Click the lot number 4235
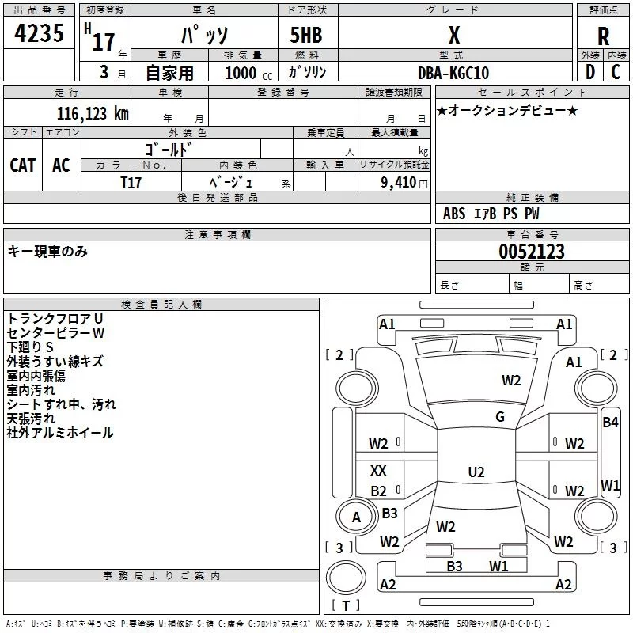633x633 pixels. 39,32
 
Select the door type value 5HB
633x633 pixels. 306,35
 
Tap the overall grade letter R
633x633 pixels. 603,36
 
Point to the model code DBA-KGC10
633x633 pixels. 453,73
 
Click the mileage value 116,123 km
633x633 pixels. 93,113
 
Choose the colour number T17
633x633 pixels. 131,183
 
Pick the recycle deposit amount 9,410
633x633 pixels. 399,183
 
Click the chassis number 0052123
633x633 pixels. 532,252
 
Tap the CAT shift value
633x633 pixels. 23,165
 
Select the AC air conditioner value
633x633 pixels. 61,165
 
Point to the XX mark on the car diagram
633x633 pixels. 378,470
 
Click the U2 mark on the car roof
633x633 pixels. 476,472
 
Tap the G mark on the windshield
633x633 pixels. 500,417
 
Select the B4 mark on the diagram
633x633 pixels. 610,423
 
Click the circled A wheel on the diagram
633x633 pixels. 356,517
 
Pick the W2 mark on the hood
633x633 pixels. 511,381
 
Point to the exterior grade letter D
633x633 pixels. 590,72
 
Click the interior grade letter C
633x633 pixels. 616,72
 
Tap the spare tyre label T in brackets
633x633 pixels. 346,605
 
